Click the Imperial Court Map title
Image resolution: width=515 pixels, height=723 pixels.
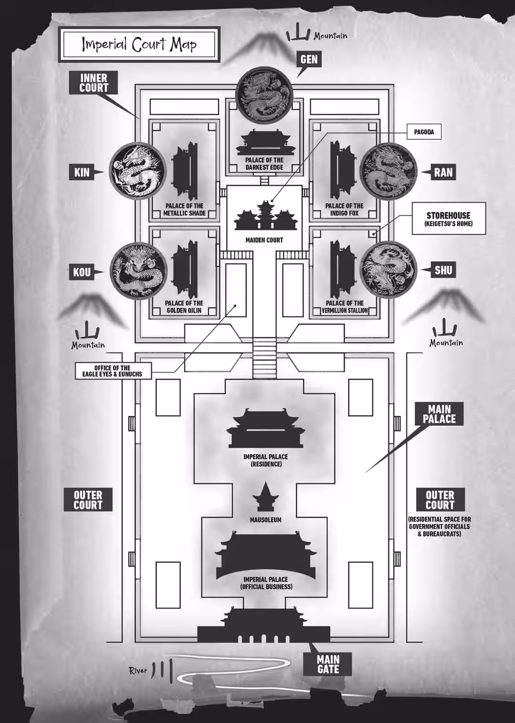pos(139,44)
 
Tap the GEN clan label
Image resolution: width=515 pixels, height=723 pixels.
pos(309,60)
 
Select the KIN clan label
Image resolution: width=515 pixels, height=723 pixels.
pos(82,172)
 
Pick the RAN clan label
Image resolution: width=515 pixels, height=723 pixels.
pos(443,172)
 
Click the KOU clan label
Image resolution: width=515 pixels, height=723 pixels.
pos(82,272)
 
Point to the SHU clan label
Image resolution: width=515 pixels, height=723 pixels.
pos(443,270)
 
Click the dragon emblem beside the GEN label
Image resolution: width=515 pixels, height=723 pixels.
pos(265,95)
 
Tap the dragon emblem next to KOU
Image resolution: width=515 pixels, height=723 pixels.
pos(139,271)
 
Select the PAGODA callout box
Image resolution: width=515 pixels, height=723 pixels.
pos(423,132)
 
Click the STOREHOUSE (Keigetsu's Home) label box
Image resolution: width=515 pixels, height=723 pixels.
pos(449,218)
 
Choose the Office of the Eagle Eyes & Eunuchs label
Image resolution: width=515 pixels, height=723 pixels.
pos(113,371)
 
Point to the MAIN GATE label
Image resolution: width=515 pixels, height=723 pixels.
pos(328,664)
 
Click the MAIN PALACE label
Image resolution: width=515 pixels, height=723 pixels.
pos(439,414)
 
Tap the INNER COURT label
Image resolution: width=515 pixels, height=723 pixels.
pos(93,83)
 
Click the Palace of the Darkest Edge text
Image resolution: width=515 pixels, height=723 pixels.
pos(264,164)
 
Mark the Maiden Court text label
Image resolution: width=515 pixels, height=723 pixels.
pos(264,240)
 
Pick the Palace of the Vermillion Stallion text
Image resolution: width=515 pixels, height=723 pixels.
pos(345,307)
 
